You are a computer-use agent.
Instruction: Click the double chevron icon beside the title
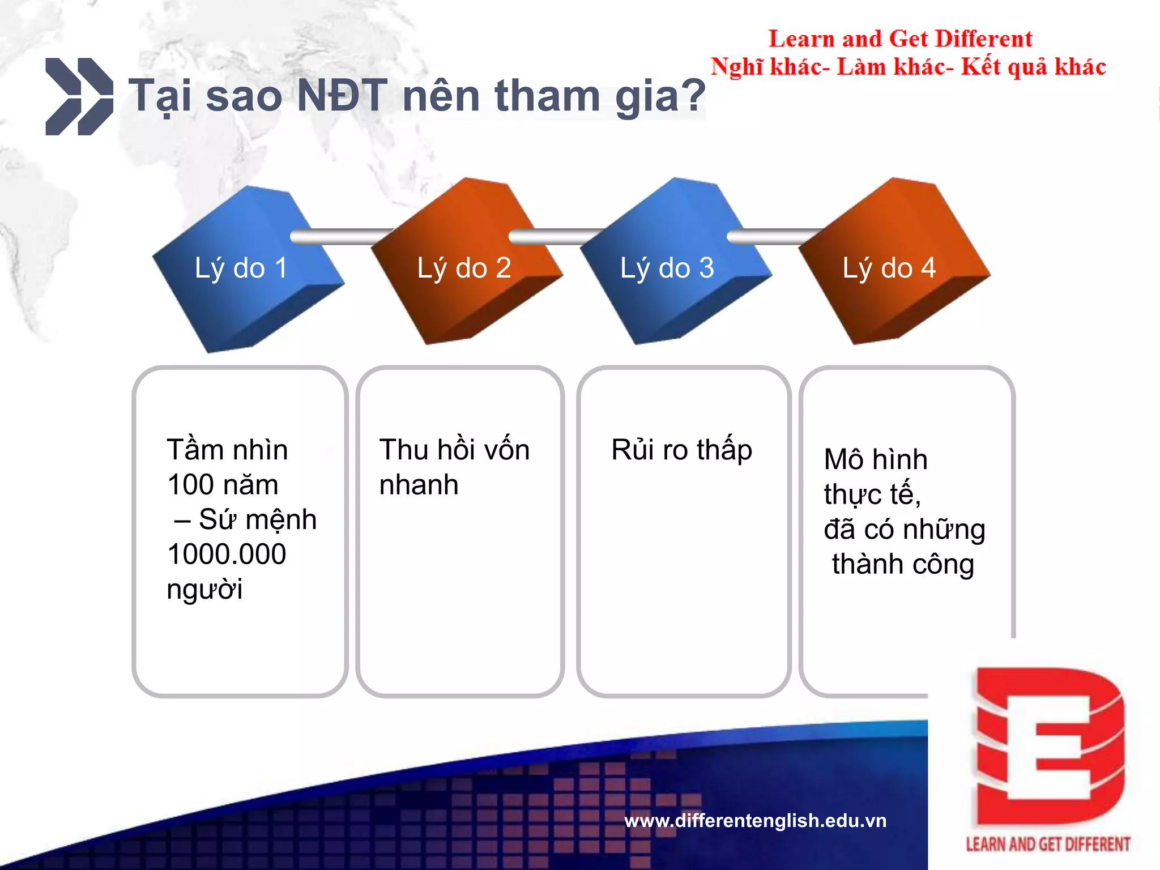click(79, 96)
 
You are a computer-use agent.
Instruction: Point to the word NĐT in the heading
click(342, 95)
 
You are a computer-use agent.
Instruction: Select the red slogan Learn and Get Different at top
click(900, 39)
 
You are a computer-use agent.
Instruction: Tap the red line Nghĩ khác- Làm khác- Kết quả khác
click(908, 67)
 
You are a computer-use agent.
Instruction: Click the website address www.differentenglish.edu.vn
click(755, 820)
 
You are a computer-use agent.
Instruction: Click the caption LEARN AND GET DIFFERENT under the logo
click(1048, 845)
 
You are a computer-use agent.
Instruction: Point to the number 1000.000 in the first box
click(227, 554)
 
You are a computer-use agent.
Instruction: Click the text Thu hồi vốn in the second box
click(454, 450)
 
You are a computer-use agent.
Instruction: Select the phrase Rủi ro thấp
click(681, 450)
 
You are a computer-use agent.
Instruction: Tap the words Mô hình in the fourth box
click(876, 459)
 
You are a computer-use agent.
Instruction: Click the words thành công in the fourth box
click(903, 564)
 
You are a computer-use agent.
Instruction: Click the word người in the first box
click(204, 590)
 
